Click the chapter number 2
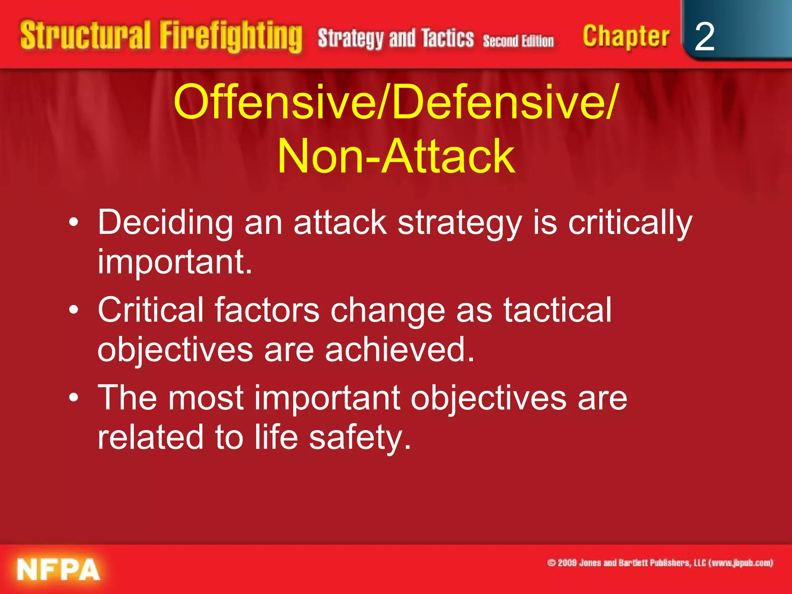click(x=704, y=37)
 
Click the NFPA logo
click(x=58, y=569)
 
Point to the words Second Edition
click(x=518, y=41)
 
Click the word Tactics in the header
click(x=447, y=38)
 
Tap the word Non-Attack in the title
click(x=396, y=157)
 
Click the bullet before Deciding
click(x=73, y=223)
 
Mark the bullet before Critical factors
click(x=73, y=311)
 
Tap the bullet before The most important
click(x=73, y=398)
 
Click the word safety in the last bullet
click(x=360, y=438)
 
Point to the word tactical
click(x=557, y=310)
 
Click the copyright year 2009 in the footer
click(x=567, y=563)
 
